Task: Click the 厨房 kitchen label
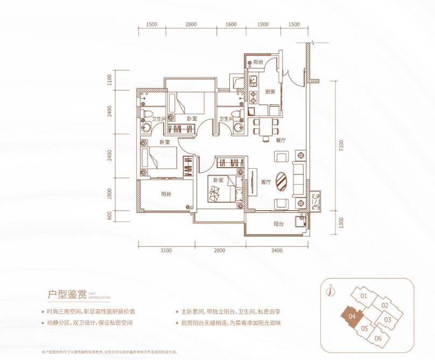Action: coord(270,92)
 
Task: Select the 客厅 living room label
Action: coord(265,182)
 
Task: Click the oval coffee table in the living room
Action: coord(282,181)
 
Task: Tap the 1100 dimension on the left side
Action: coord(109,80)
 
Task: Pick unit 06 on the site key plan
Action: coord(378,338)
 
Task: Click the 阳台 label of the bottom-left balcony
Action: coord(166,195)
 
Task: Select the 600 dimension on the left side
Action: coord(109,216)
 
